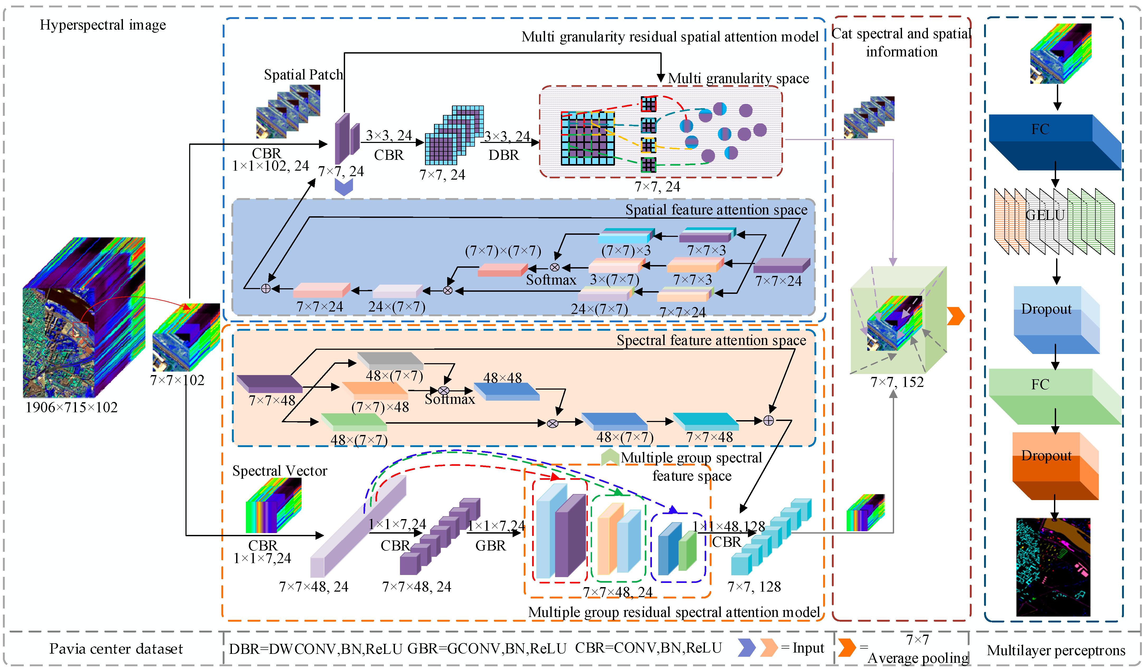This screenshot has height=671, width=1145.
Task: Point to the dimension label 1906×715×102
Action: (71, 407)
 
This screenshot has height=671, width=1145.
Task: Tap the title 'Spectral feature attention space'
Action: (711, 340)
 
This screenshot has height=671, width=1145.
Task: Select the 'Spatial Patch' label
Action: (303, 74)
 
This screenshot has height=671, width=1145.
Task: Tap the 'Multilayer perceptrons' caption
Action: (1056, 650)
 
